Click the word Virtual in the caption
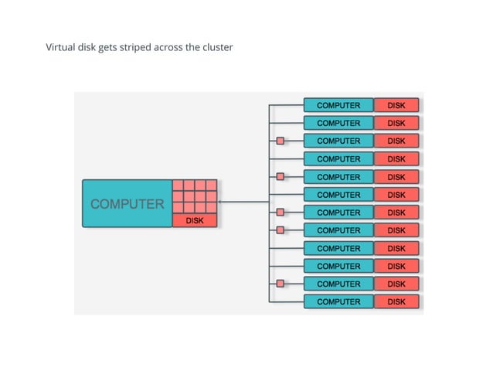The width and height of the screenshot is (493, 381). (x=60, y=48)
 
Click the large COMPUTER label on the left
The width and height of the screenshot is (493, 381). (x=127, y=204)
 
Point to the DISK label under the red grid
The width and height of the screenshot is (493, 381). (x=195, y=220)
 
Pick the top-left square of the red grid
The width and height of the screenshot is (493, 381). (x=178, y=186)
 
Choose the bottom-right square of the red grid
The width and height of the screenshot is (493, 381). (x=212, y=208)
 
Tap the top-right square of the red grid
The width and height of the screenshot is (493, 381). (x=212, y=186)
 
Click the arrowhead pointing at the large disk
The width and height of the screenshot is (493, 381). (x=222, y=202)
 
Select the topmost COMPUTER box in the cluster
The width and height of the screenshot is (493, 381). (x=338, y=105)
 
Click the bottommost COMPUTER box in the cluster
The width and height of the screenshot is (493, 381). (x=338, y=301)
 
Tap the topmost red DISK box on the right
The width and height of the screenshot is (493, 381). (x=396, y=105)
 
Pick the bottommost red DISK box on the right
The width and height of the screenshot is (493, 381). (x=396, y=301)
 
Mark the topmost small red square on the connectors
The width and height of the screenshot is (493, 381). (x=280, y=141)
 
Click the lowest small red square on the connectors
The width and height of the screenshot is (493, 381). (x=280, y=284)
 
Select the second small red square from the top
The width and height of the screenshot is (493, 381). (x=280, y=176)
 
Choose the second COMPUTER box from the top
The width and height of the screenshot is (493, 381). (x=338, y=123)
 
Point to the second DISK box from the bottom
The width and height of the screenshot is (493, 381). (x=396, y=284)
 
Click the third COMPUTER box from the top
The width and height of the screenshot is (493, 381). (x=338, y=141)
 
